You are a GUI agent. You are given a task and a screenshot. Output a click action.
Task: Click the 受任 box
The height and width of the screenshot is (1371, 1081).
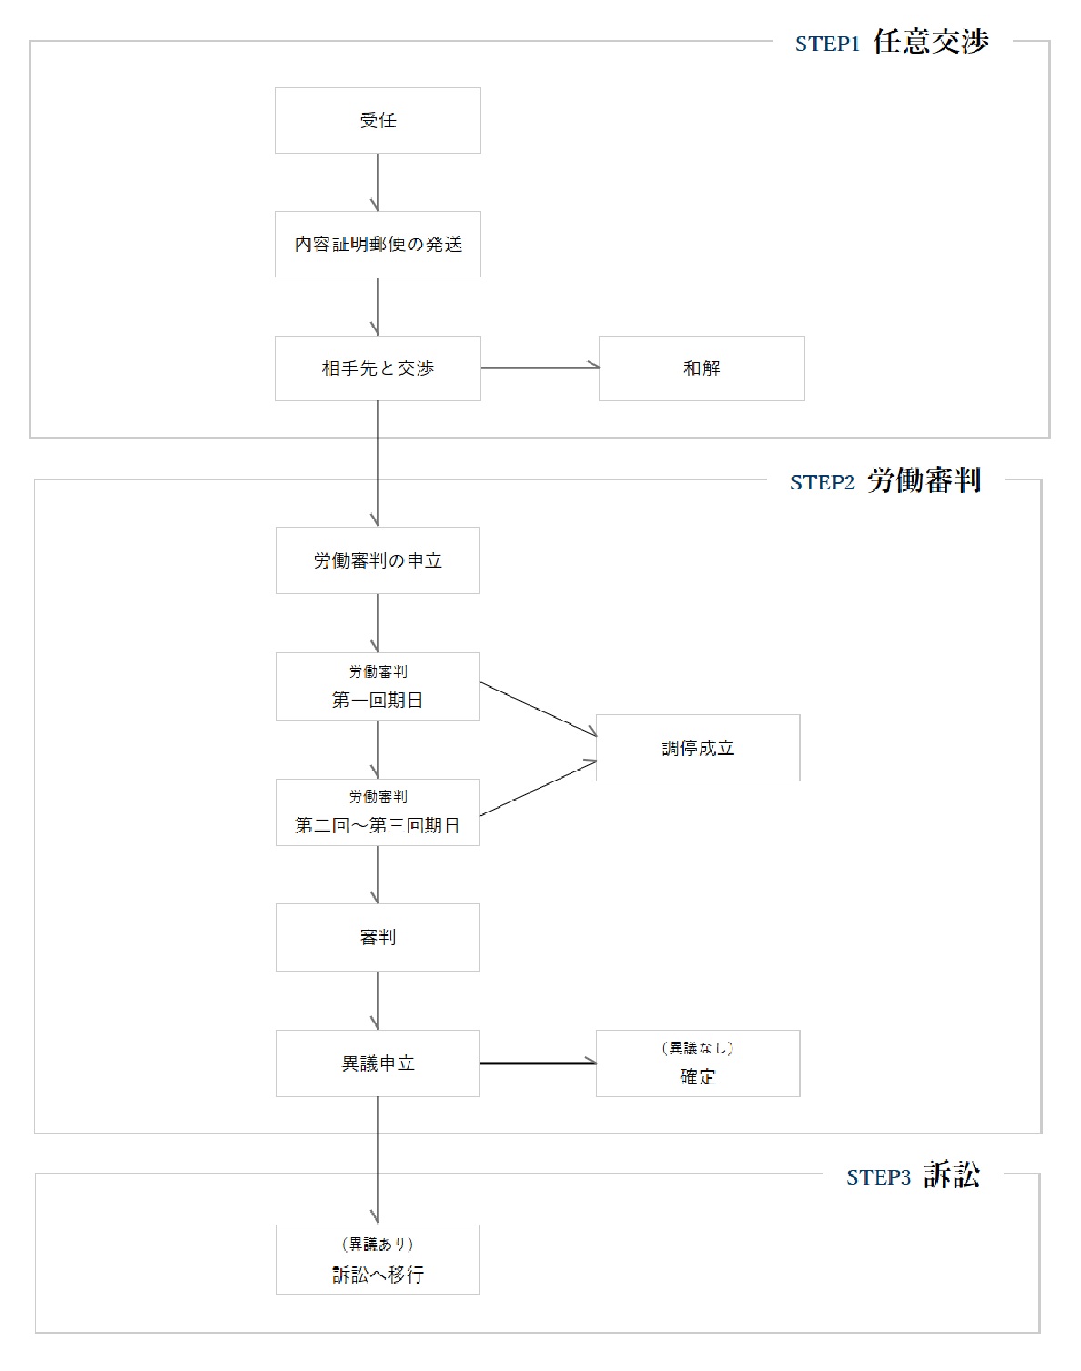click(378, 120)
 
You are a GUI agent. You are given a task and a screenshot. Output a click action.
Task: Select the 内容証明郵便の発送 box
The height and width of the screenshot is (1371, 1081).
click(378, 244)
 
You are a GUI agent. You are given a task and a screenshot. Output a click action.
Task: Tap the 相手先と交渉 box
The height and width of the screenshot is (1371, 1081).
click(378, 368)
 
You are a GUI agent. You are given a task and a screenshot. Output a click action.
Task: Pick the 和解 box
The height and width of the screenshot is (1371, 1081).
click(702, 368)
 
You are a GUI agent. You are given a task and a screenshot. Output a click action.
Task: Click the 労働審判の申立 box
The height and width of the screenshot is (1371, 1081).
click(378, 560)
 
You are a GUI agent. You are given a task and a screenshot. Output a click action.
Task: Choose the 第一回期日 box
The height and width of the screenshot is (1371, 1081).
click(378, 687)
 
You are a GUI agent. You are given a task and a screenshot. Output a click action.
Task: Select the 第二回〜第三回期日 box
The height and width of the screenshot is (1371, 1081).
click(378, 812)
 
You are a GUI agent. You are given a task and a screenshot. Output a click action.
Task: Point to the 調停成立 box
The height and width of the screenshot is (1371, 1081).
click(698, 748)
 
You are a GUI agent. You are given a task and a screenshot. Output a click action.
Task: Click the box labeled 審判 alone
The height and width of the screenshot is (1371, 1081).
click(378, 937)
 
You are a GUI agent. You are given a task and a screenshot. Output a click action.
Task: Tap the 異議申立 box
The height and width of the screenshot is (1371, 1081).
click(378, 1064)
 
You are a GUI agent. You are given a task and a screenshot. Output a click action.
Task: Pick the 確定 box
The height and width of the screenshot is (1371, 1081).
click(698, 1064)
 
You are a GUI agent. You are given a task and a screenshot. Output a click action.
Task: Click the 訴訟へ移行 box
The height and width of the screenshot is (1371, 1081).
click(378, 1260)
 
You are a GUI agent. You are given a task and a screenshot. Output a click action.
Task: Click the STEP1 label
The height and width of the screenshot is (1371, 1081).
click(827, 45)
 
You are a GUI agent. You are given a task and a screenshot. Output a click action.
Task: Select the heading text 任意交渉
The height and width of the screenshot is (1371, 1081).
click(931, 42)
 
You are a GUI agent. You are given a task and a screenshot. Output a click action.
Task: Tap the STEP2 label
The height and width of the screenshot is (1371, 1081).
click(822, 483)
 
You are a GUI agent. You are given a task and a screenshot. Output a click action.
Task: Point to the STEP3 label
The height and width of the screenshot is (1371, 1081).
click(878, 1178)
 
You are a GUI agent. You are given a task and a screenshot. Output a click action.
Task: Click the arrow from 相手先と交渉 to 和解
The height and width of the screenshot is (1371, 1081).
click(540, 368)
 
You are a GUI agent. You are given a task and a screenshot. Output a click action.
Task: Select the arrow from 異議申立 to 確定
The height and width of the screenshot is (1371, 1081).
click(538, 1063)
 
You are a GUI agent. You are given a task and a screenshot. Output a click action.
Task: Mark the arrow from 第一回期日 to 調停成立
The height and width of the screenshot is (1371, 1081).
click(538, 709)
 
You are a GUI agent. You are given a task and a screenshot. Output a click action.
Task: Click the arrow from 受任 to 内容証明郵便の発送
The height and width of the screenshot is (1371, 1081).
click(378, 183)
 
